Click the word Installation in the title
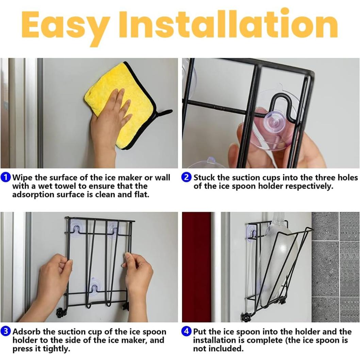tap(228, 24)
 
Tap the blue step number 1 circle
tap(5, 178)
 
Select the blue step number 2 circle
tap(186, 178)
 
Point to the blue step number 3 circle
tap(5, 331)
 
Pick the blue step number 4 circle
tap(186, 331)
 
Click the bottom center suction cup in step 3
tap(95, 286)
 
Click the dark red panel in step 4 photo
tap(196, 267)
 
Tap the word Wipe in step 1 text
tap(22, 178)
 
